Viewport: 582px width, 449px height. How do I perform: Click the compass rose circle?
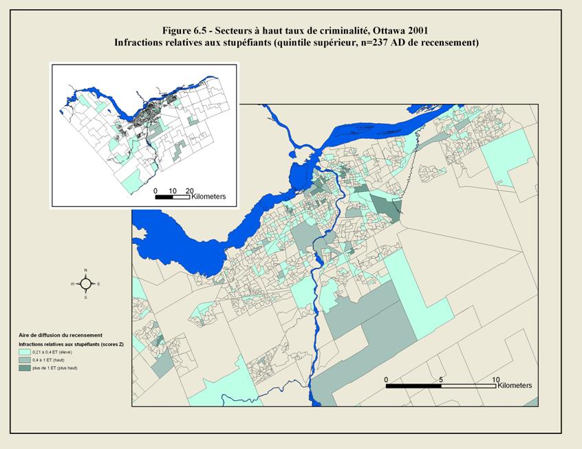(x=85, y=283)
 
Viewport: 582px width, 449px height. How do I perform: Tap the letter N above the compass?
(x=85, y=270)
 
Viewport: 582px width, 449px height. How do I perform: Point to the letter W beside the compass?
(x=72, y=283)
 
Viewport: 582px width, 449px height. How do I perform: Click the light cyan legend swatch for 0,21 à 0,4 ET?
(x=25, y=351)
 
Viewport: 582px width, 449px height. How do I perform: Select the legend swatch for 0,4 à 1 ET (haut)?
(x=25, y=360)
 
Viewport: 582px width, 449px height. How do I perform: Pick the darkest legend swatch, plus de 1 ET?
(x=25, y=369)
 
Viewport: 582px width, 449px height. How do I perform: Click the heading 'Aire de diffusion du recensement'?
(x=61, y=334)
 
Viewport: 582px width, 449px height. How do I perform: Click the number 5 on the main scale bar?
(x=441, y=380)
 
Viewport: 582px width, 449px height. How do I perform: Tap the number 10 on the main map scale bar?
(x=495, y=380)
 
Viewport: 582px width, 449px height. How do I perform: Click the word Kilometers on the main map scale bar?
(x=514, y=386)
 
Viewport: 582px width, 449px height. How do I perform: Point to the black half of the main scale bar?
(x=413, y=386)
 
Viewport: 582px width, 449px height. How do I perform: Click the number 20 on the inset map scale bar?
(x=189, y=190)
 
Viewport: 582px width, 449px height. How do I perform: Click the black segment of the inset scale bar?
(x=164, y=197)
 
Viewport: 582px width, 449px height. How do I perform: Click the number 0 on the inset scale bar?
(x=155, y=190)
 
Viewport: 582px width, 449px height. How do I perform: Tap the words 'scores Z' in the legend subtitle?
(x=111, y=342)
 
